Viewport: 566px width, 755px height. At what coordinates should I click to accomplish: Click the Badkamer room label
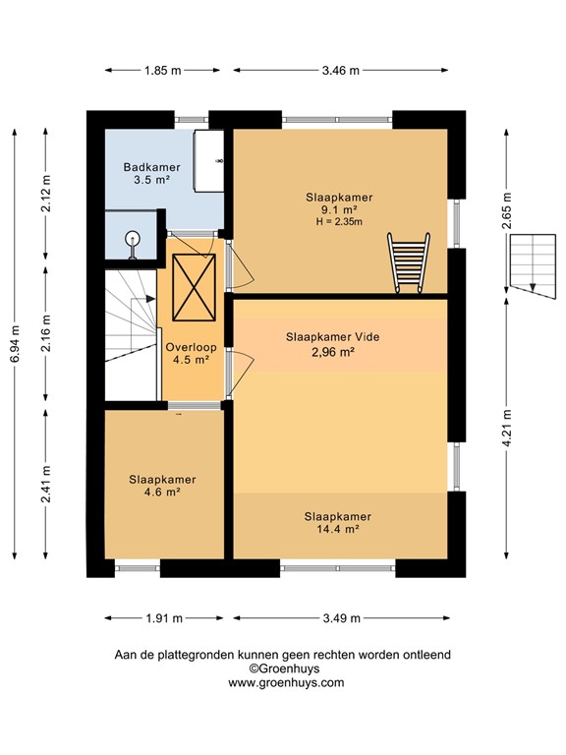(144, 167)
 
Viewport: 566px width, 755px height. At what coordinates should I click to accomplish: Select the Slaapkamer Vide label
(332, 336)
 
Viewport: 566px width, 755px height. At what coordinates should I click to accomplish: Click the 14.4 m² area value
(337, 529)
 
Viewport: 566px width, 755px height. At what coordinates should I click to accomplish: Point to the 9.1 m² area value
(338, 209)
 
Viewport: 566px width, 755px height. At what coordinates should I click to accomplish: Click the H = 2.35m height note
(338, 222)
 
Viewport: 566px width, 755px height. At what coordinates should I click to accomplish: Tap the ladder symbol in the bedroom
(408, 262)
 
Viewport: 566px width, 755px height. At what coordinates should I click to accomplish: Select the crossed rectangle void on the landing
(193, 286)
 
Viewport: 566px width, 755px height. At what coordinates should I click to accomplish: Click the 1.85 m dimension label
(163, 70)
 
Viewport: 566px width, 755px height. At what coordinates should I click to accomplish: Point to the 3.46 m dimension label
(340, 70)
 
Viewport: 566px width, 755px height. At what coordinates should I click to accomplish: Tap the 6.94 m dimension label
(15, 344)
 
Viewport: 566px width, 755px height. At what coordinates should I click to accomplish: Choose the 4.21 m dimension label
(507, 429)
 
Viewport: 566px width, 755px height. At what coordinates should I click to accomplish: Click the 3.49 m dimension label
(340, 618)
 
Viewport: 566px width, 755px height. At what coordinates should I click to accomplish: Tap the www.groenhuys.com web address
(286, 682)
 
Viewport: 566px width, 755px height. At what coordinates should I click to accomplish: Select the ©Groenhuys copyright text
(286, 668)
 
